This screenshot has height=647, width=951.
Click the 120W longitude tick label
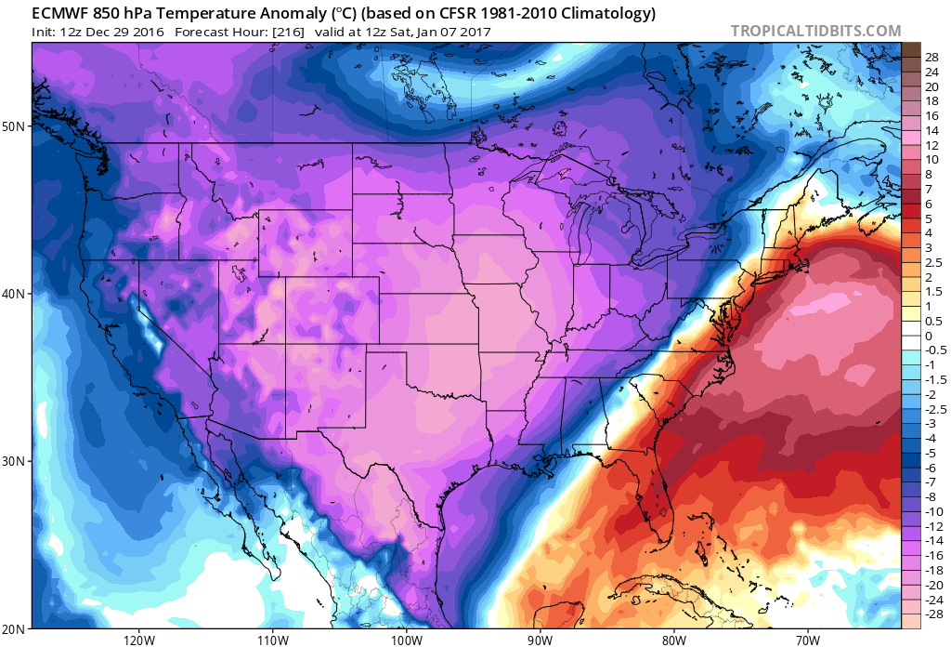[137, 640]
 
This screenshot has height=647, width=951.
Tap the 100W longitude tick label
[406, 640]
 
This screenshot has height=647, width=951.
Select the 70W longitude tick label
[807, 640]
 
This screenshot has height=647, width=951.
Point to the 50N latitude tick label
[14, 125]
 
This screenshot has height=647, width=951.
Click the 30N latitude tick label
[14, 461]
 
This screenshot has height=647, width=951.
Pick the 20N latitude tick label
[14, 628]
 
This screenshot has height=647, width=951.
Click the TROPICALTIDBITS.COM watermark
[815, 31]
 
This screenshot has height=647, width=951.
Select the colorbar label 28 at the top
[931, 57]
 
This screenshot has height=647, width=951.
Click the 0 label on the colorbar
[928, 336]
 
